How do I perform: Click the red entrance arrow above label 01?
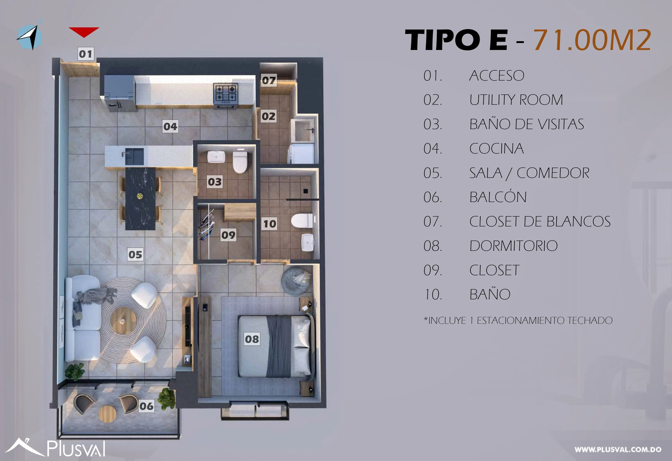(x=84, y=32)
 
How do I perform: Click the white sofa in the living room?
(x=82, y=318)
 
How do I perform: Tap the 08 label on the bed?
(x=252, y=339)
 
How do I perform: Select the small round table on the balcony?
(x=107, y=414)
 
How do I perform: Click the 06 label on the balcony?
(x=146, y=406)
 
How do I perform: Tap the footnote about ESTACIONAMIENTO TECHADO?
(x=518, y=320)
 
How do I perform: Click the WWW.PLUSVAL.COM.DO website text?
(x=618, y=450)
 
